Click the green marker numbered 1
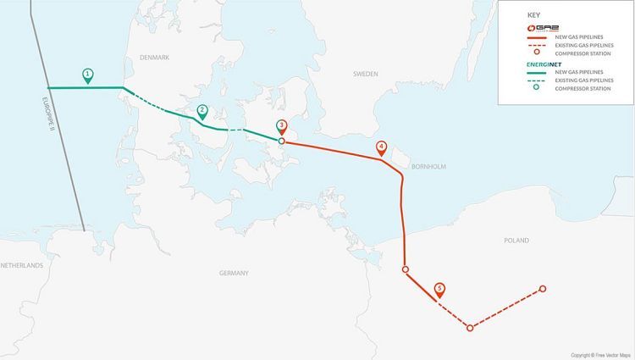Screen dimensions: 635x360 tap(88, 75)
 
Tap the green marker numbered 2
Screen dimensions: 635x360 tap(202, 111)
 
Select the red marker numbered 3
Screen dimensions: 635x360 tap(282, 126)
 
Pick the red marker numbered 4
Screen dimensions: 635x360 tap(382, 147)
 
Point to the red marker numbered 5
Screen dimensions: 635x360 tap(439, 289)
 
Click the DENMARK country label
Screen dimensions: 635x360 tap(155, 57)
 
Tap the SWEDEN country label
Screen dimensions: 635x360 tap(366, 75)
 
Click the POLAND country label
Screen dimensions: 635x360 tap(516, 241)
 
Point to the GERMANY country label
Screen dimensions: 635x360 tap(234, 273)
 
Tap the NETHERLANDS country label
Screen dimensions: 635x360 tap(21, 265)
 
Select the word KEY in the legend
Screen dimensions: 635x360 tap(533, 15)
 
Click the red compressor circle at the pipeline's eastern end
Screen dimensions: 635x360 tap(543, 289)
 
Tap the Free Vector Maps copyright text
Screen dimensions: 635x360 tap(600, 355)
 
